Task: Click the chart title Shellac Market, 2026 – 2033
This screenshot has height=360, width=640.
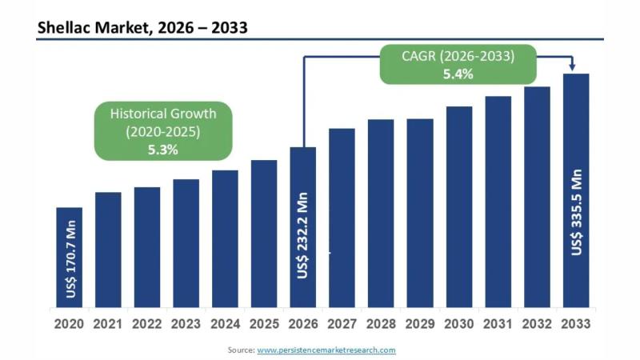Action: point(142,28)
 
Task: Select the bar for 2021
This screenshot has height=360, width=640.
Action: point(108,250)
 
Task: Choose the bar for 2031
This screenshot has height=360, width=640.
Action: point(498,202)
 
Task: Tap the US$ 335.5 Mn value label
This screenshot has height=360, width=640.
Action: point(576,211)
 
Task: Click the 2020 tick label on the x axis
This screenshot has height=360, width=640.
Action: point(70,324)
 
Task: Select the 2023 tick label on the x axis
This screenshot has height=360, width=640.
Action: point(186,324)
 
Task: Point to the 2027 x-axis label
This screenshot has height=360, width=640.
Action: point(342,324)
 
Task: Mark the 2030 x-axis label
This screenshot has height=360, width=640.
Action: point(459,324)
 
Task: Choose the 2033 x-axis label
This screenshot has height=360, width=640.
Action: point(576,324)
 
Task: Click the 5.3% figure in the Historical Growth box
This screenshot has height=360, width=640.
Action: point(162,149)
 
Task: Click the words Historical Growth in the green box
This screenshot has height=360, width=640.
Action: point(163,113)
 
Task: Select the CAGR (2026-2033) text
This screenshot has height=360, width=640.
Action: point(458,56)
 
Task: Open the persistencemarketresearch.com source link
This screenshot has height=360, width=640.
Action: point(326,350)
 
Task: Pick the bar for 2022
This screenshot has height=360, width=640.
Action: point(147,247)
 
